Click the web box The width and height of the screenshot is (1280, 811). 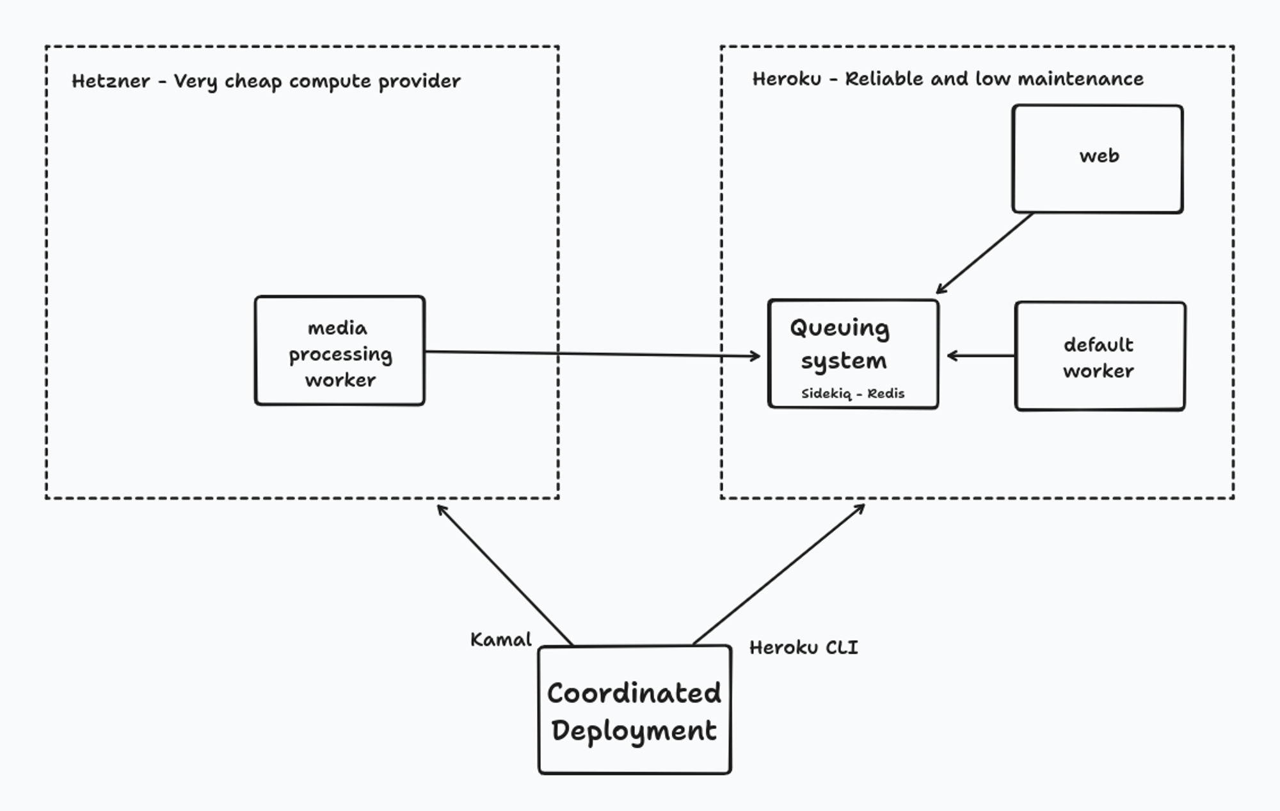pos(1097,159)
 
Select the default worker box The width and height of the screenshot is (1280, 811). pos(1100,357)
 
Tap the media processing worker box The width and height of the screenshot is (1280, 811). pos(339,351)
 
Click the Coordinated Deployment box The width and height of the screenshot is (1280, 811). pos(634,710)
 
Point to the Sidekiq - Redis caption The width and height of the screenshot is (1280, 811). pos(852,394)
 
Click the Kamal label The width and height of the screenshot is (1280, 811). pos(500,639)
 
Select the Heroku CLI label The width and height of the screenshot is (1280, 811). pos(803,648)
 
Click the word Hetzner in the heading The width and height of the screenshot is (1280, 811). pos(111,81)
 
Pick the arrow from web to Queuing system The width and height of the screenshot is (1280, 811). pos(984,253)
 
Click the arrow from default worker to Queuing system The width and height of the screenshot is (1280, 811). pos(980,355)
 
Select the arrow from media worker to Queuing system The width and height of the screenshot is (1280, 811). pos(592,353)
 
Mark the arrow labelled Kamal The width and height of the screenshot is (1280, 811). pos(504,575)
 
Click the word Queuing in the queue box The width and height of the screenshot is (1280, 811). pos(839,328)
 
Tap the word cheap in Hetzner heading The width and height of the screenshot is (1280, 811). pos(253,82)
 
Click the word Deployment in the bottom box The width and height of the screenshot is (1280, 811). pos(634,731)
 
